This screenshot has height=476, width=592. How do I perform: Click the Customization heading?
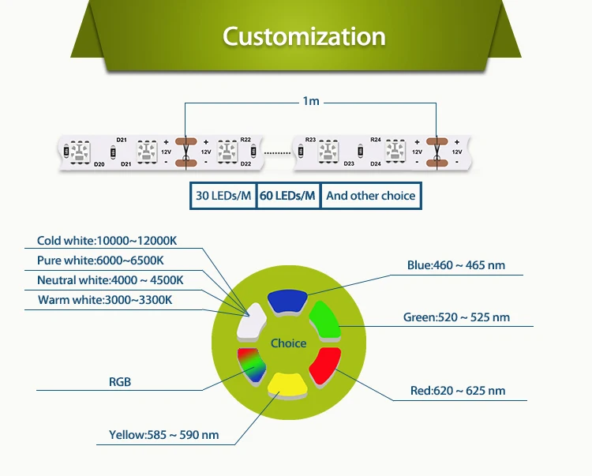pos(304,36)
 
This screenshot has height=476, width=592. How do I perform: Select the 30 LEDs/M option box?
pos(223,196)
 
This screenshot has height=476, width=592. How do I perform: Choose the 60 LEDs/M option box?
pos(288,196)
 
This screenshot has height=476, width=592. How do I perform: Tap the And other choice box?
pos(370,196)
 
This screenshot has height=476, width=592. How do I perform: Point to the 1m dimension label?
pos(311,102)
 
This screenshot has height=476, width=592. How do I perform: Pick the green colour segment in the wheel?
pos(323,319)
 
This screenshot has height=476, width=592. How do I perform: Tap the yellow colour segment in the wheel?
pos(288,384)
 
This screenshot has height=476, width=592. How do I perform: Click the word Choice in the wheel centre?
pos(288,343)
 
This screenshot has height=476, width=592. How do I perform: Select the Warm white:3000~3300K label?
pos(104,300)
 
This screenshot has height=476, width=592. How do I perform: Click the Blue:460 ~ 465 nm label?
pos(455,265)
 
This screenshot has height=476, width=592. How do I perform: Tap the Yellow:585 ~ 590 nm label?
pos(163,435)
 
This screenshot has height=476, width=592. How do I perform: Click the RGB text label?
pos(120,382)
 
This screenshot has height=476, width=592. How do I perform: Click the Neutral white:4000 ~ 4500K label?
pos(110,280)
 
